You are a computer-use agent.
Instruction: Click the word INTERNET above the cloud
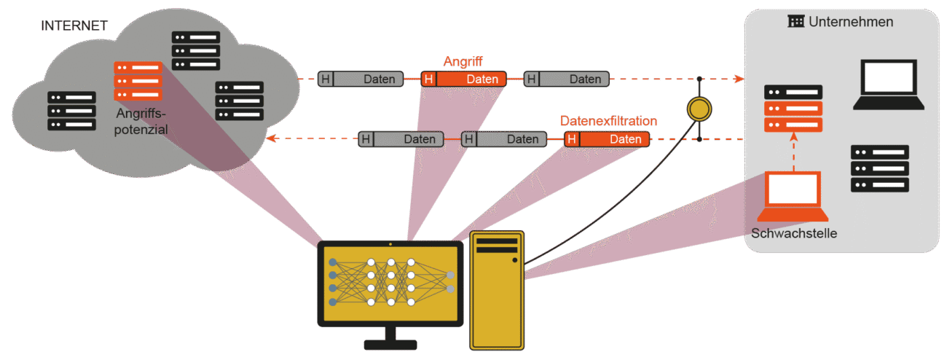[x=74, y=26]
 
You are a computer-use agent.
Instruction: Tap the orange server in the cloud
[x=138, y=81]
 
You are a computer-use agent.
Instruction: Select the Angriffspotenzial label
[x=141, y=122]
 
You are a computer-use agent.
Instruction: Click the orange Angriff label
[x=463, y=61]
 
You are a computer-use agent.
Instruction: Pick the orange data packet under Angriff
[x=464, y=79]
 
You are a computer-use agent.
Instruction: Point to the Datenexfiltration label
[x=608, y=120]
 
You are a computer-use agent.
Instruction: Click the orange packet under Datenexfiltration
[x=606, y=138]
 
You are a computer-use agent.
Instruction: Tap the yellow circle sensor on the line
[x=699, y=109]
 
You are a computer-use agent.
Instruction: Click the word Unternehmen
[x=851, y=22]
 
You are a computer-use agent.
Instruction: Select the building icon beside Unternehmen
[x=796, y=21]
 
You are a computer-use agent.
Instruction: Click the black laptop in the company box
[x=888, y=85]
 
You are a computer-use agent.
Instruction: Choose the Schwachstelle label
[x=793, y=234]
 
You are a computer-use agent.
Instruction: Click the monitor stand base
[x=390, y=344]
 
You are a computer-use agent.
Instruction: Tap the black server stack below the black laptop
[x=880, y=168]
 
